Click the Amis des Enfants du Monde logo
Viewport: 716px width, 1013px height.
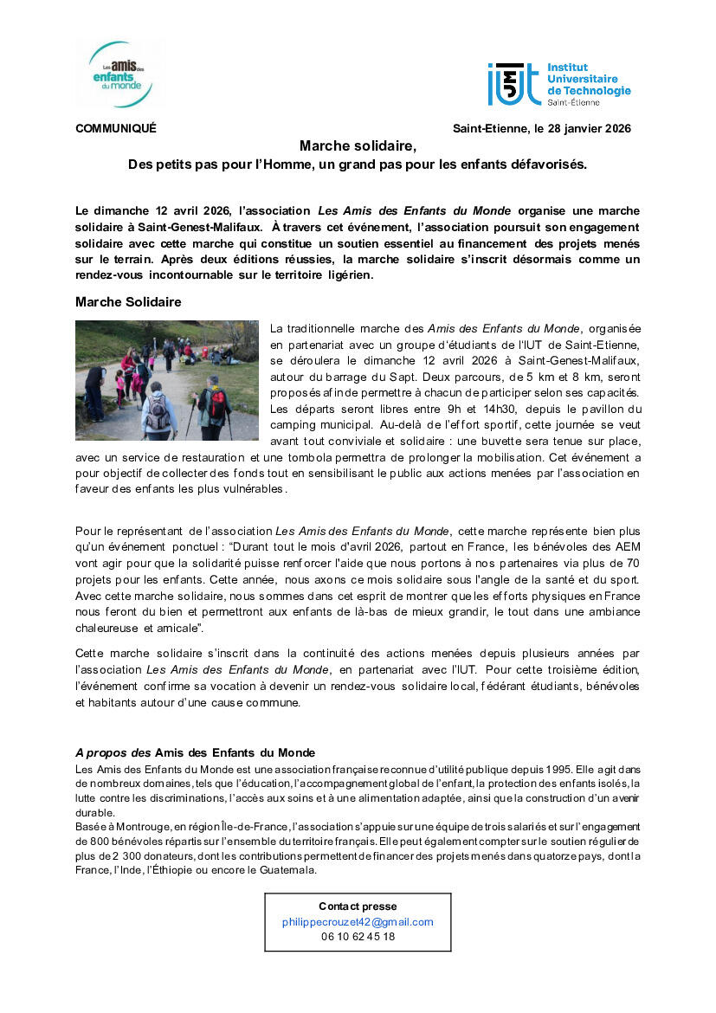coord(120,74)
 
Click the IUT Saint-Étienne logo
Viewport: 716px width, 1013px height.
coord(558,84)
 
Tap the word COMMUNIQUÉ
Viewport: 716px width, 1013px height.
coord(116,129)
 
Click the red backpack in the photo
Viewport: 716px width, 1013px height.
coord(216,402)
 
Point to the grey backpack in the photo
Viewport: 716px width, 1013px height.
coord(158,413)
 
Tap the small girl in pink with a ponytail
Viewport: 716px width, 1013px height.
coord(119,388)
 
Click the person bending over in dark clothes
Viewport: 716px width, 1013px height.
coord(95,382)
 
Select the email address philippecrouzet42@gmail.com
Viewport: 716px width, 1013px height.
coord(358,922)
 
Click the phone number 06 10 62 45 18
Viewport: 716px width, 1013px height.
coord(358,936)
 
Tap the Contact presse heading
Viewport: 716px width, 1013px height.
coord(358,907)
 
